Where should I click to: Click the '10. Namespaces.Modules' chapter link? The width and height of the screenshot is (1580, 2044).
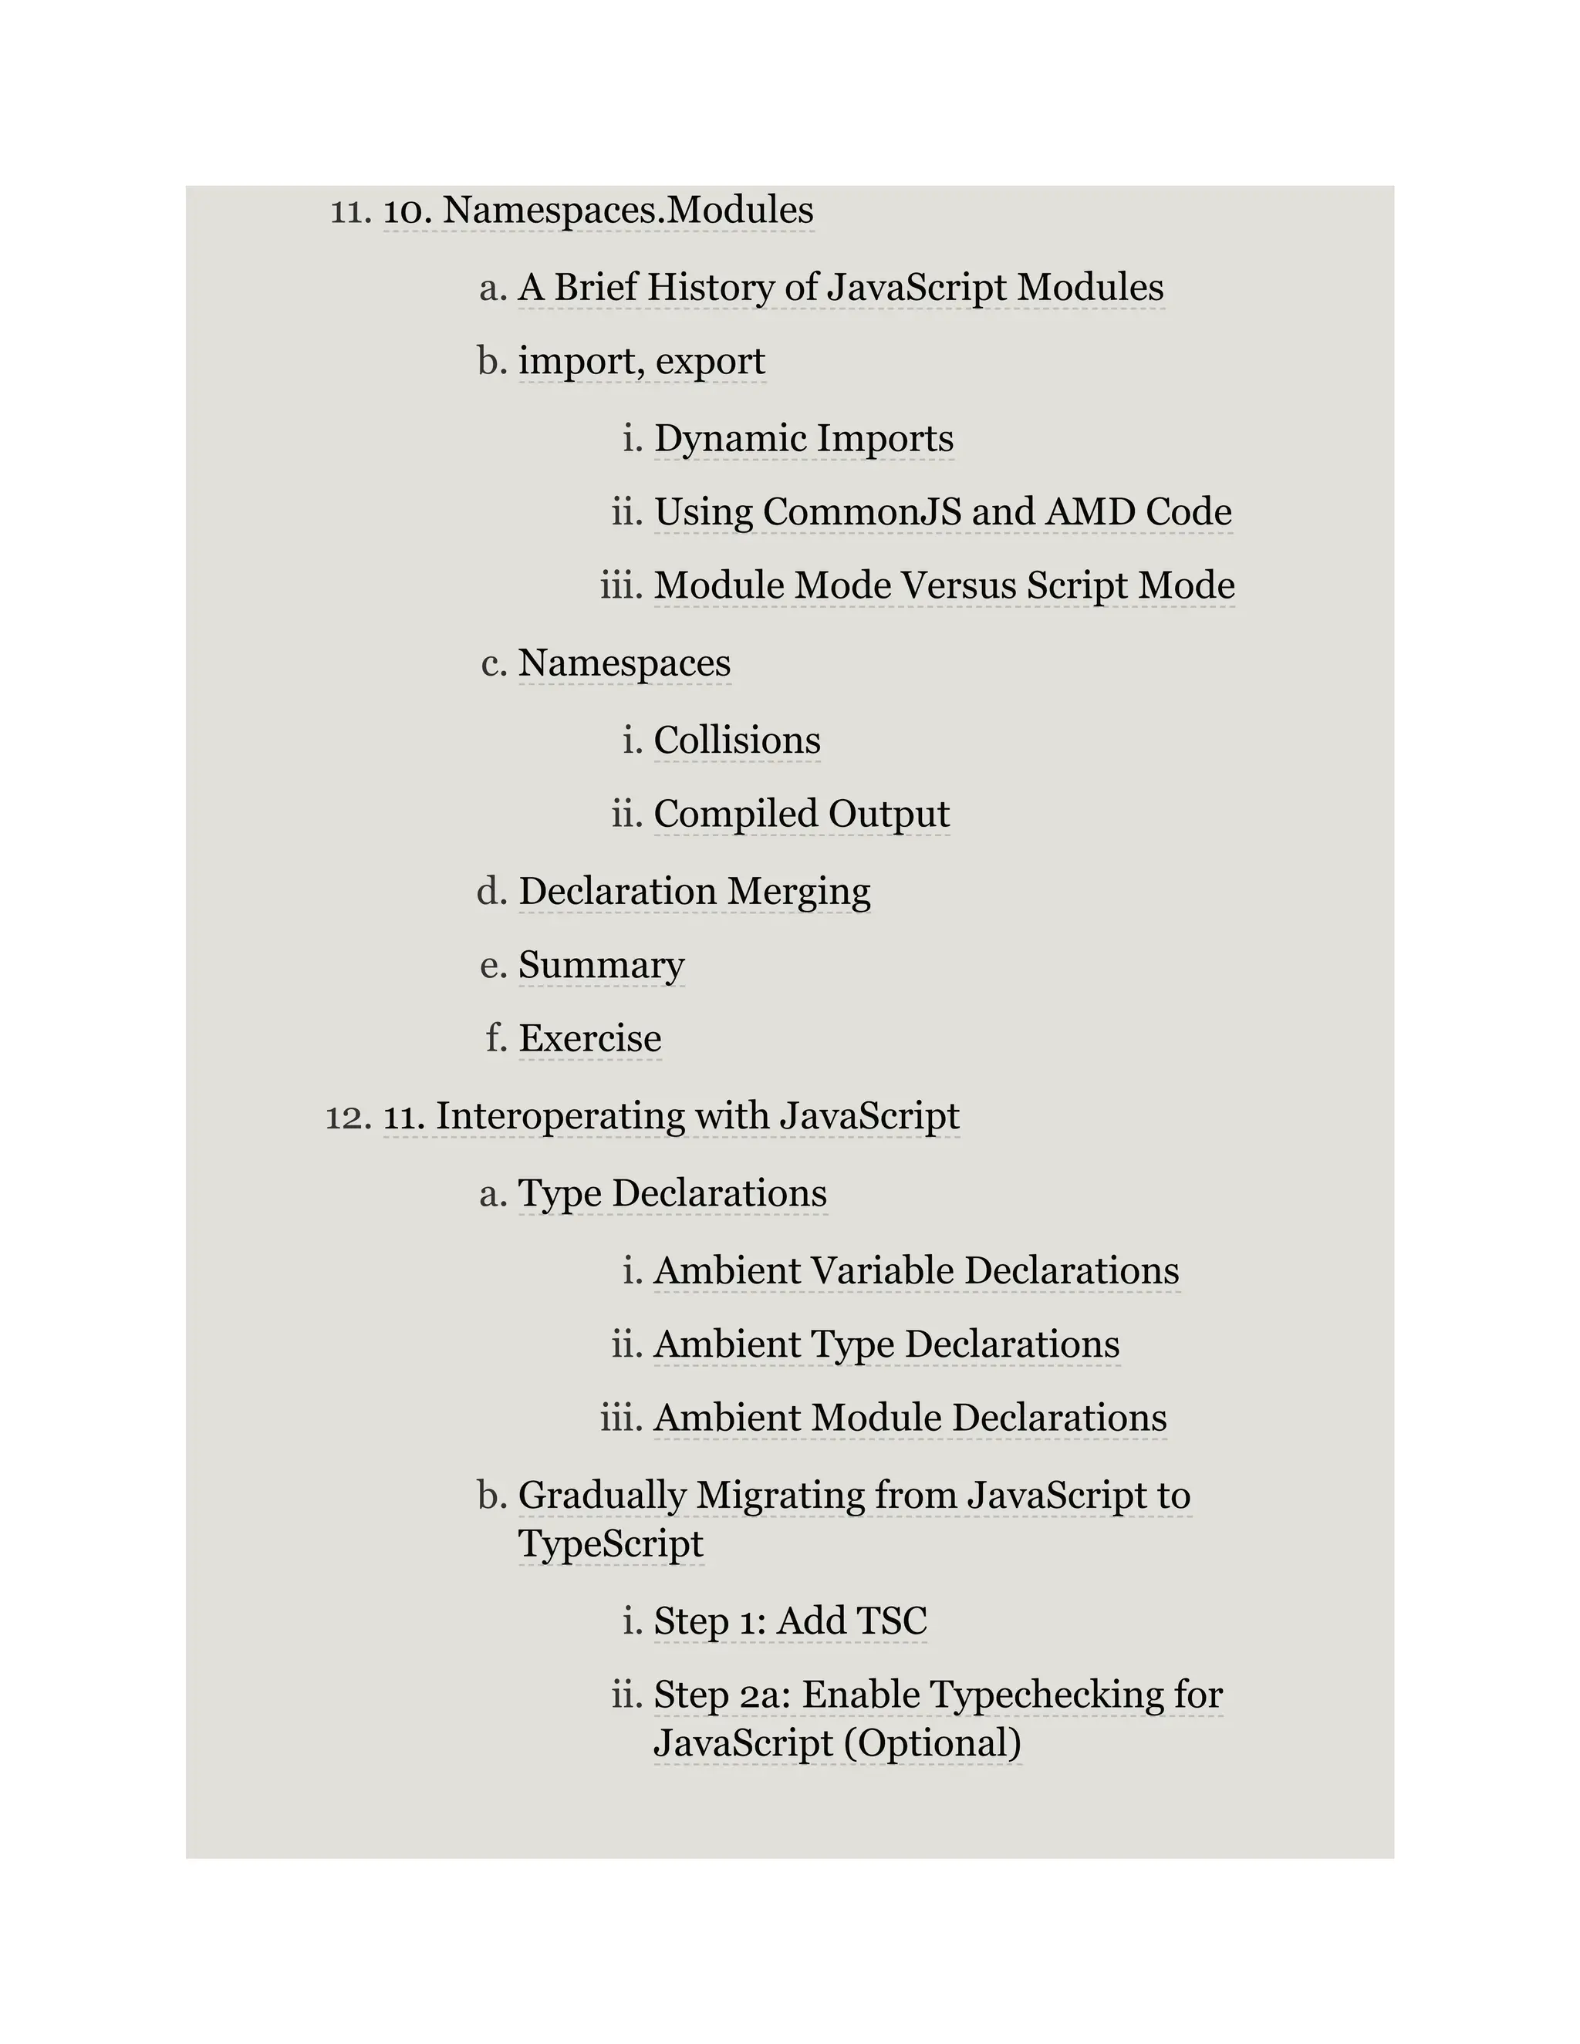pyautogui.click(x=598, y=210)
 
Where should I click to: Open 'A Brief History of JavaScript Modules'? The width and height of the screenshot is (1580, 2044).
pyautogui.click(x=841, y=288)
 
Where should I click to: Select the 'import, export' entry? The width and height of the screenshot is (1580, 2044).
pyautogui.click(x=641, y=361)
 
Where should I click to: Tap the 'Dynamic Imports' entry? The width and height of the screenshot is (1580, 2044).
pyautogui.click(x=803, y=438)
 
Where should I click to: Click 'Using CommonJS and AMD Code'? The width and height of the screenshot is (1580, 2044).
pyautogui.click(x=942, y=512)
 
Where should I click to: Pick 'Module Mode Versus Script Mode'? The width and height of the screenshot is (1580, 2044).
pyautogui.click(x=944, y=586)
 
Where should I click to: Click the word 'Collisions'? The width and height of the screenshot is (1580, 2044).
pyautogui.click(x=737, y=740)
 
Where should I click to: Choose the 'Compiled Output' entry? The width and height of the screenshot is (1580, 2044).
pyautogui.click(x=802, y=815)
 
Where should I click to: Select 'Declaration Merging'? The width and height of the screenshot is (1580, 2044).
pyautogui.click(x=694, y=891)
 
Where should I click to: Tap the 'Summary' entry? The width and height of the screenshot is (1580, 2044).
pyautogui.click(x=601, y=965)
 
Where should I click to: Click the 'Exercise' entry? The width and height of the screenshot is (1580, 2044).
pyautogui.click(x=589, y=1039)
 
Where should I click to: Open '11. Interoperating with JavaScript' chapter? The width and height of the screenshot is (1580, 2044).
pyautogui.click(x=671, y=1117)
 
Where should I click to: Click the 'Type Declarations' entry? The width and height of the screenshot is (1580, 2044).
pyautogui.click(x=672, y=1193)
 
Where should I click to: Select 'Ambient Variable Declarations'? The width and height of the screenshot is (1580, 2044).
pyautogui.click(x=916, y=1271)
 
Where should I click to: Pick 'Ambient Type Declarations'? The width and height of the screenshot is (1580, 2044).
pyautogui.click(x=886, y=1345)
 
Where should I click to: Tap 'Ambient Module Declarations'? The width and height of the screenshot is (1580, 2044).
pyautogui.click(x=910, y=1418)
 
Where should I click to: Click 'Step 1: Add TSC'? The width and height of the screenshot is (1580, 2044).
pyautogui.click(x=790, y=1621)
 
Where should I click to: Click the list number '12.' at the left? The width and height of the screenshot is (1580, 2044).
pyautogui.click(x=349, y=1117)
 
